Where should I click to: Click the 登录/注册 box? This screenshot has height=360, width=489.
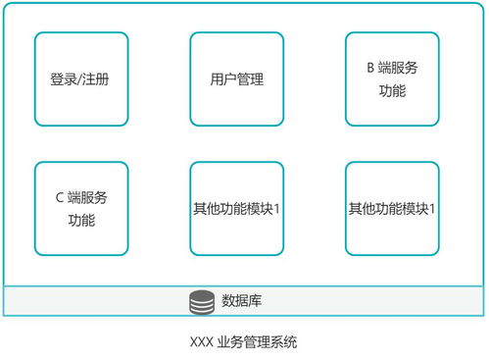(81, 79)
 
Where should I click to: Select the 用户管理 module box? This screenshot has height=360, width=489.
(236, 79)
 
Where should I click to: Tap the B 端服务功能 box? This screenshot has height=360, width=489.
(392, 79)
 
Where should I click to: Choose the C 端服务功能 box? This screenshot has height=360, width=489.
(81, 209)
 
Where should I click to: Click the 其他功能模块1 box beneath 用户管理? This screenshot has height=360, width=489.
(236, 209)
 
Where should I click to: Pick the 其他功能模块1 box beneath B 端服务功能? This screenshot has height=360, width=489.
(392, 209)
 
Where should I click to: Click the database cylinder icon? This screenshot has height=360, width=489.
(202, 302)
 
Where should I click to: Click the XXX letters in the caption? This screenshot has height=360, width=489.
(201, 342)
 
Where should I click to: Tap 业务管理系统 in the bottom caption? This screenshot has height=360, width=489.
(258, 342)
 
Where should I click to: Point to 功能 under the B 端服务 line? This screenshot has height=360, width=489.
(392, 91)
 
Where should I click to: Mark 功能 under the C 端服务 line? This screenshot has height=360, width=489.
(81, 221)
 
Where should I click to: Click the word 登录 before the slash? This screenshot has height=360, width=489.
(63, 79)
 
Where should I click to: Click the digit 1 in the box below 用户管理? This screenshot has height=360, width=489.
(278, 209)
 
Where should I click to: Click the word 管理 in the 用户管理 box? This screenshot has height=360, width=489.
(250, 79)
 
